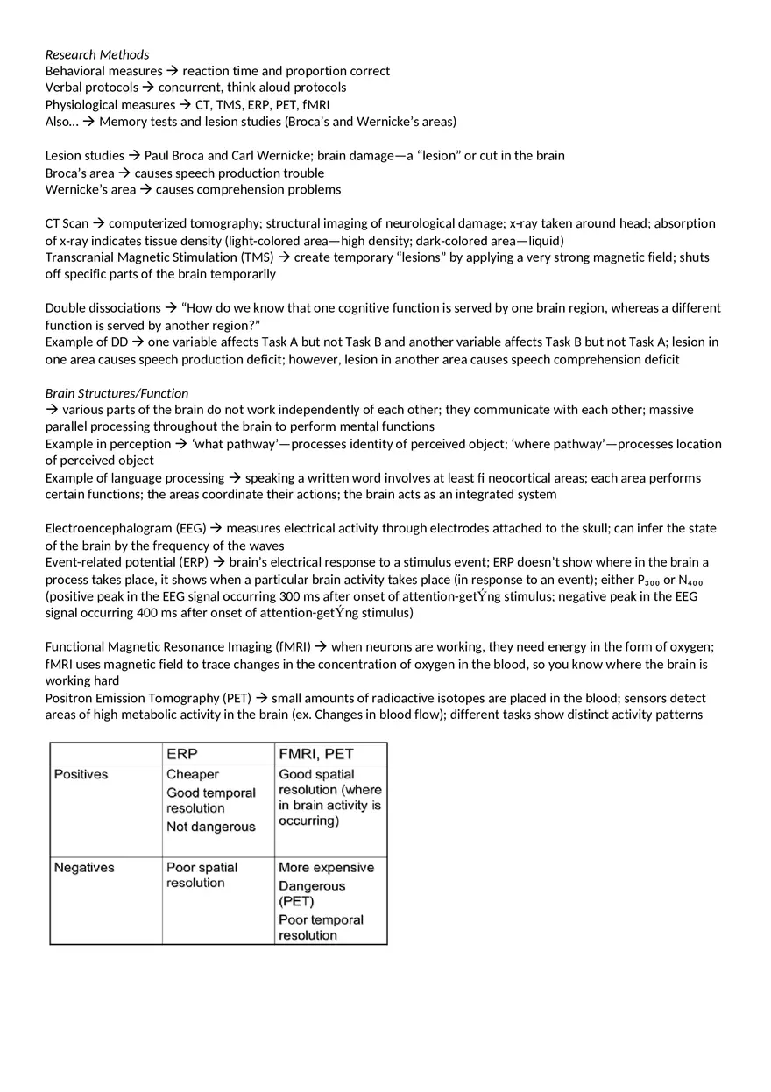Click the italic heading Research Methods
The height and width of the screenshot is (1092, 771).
click(97, 54)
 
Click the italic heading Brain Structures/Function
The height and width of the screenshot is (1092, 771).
click(117, 393)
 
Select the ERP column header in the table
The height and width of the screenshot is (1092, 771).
click(181, 753)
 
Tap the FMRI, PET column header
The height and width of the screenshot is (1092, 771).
click(315, 753)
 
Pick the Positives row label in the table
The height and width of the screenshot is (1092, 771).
click(81, 774)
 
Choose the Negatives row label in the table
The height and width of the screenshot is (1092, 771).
click(84, 867)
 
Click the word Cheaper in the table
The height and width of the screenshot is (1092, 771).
click(193, 774)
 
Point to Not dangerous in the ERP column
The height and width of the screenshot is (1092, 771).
click(211, 827)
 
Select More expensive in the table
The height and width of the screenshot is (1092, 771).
click(326, 867)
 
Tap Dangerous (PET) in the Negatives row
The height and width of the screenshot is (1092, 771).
click(312, 893)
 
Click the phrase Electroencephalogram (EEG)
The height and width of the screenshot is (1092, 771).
click(126, 528)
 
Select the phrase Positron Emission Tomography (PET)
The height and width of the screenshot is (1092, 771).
click(148, 698)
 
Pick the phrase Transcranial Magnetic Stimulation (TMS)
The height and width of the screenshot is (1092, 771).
click(159, 257)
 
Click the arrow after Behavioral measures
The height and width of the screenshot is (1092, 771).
click(173, 71)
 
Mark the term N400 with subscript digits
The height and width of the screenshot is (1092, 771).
click(690, 580)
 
